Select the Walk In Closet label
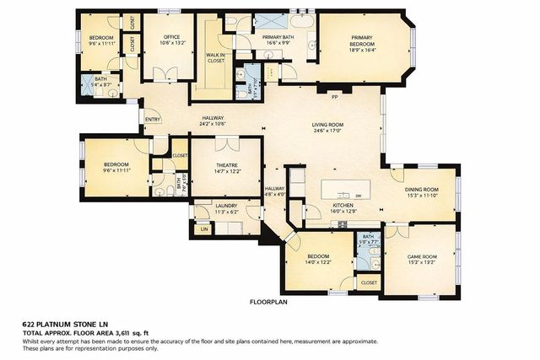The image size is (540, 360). pyautogui.click(x=215, y=57)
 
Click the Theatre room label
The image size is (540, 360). pyautogui.click(x=225, y=166)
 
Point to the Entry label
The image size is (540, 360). pyautogui.click(x=153, y=119)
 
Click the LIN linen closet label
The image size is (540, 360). pyautogui.click(x=203, y=228)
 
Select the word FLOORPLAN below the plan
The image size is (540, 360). pyautogui.click(x=269, y=301)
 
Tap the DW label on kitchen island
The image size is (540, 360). pyautogui.click(x=358, y=196)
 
